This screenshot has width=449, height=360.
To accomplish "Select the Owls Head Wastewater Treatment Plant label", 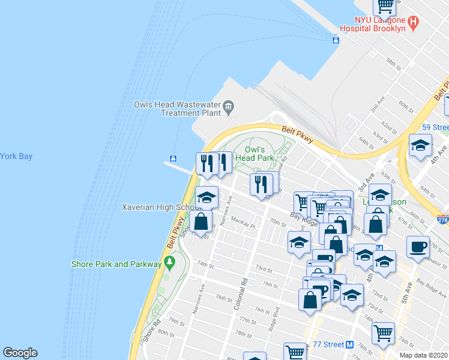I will pyautogui.click(x=187, y=108).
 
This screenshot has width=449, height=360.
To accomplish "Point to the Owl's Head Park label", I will pyautogui.click(x=260, y=154).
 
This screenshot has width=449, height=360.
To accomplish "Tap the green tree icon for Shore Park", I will pyautogui.click(x=170, y=262).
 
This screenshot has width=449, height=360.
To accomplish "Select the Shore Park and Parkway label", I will pyautogui.click(x=116, y=264).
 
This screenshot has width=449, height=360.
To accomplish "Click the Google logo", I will pyautogui.click(x=20, y=353).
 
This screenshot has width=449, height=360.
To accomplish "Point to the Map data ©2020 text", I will pyautogui.click(x=424, y=355).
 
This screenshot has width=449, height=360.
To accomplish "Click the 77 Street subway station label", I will pyautogui.click(x=329, y=345).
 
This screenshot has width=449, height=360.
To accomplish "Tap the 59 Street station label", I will pyautogui.click(x=435, y=127).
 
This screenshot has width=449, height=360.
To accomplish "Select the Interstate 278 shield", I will pyautogui.click(x=444, y=221).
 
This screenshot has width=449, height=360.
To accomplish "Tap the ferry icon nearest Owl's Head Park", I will pyautogui.click(x=173, y=159).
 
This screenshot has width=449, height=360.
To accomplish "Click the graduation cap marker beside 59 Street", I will pyautogui.click(x=420, y=146).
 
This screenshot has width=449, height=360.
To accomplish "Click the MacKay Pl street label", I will pyautogui.click(x=244, y=223).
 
